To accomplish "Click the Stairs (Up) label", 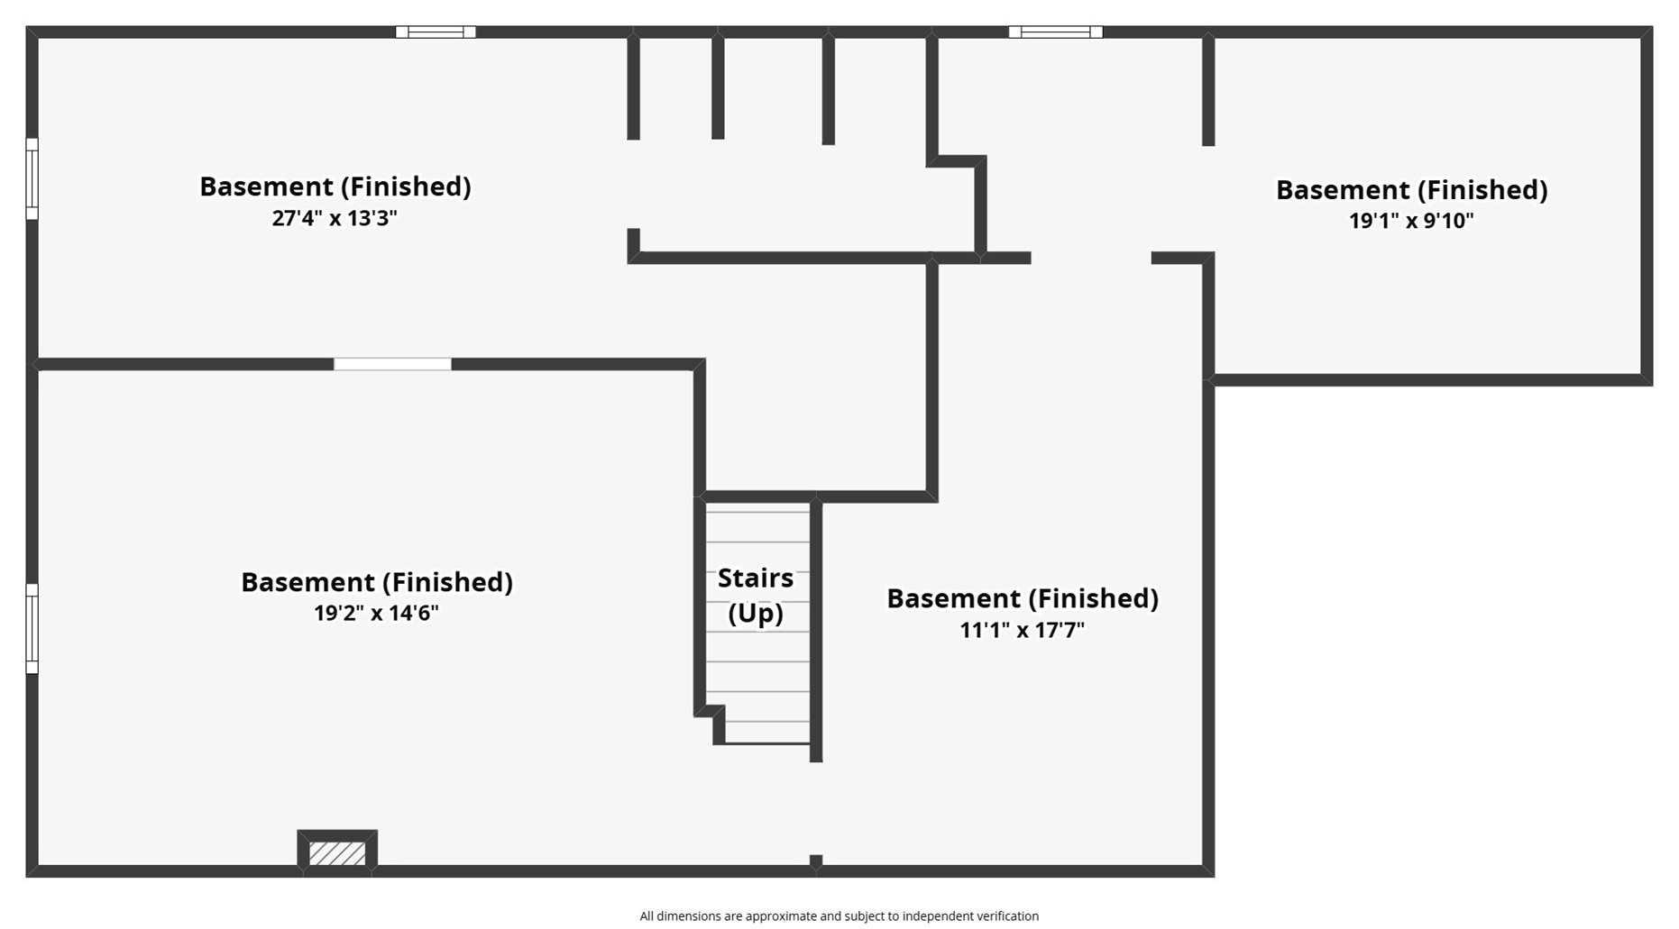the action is point(756,595).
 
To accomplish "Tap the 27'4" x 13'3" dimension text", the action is point(335,218).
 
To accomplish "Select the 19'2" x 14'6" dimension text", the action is point(376,613).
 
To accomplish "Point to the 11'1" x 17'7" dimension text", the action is point(1022,629).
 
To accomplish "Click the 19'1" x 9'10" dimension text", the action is point(1411,221).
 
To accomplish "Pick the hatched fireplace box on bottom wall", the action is point(337,852).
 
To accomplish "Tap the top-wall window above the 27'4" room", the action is point(436,32).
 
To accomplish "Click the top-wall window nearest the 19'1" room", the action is point(1055,32).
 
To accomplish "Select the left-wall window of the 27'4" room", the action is point(32,178).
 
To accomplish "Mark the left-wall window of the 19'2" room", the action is point(32,628).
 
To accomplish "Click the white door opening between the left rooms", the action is point(392,364).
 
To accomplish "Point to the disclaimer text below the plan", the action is point(839,916).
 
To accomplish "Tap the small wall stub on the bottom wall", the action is point(816,861).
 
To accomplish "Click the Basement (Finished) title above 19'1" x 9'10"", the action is point(1411,190).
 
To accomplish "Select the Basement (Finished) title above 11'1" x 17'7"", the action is point(1022,598).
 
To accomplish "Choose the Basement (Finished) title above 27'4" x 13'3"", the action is point(335,187).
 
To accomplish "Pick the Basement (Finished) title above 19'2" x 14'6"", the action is point(376,582).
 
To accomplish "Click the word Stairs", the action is point(756,578).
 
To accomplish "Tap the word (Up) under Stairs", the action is point(756,613).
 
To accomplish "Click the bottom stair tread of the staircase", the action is point(767,732).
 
